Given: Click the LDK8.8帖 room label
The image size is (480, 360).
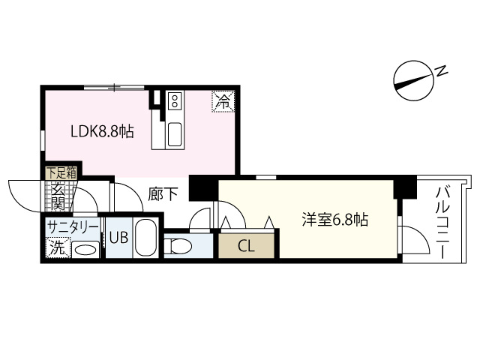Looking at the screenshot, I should coord(103,133).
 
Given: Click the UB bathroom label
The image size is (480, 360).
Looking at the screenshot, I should coord(119,239).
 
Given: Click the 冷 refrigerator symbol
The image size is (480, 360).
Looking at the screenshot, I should coord(222,100).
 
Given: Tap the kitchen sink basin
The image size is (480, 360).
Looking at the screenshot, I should coord(175,134).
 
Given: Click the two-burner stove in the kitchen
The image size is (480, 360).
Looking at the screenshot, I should coord(175,100).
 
